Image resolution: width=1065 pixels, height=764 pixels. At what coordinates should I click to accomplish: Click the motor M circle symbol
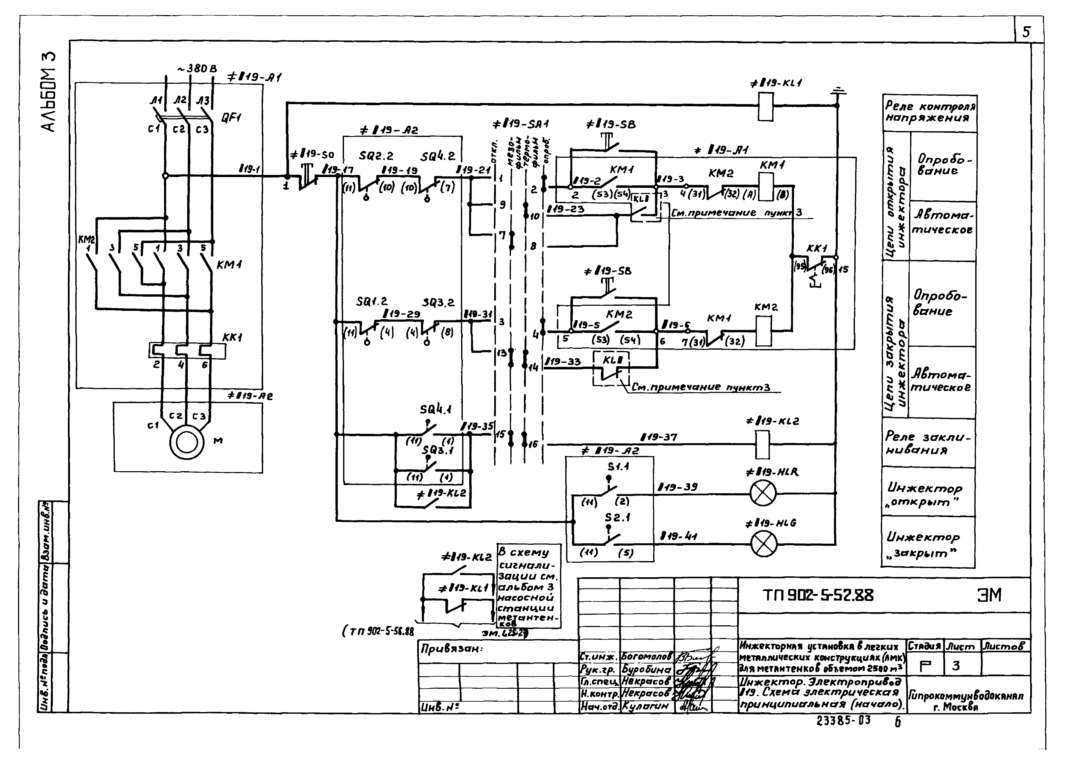[x=187, y=442]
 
